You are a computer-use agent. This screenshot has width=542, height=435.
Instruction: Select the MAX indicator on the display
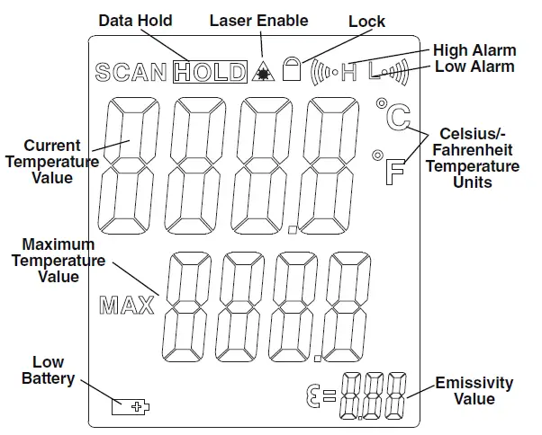coord(126,305)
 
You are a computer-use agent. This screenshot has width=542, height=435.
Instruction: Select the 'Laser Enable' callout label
coord(258,20)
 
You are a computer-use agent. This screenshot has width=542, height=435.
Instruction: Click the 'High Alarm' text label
coord(474,50)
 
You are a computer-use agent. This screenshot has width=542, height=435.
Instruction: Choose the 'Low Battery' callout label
coord(48,370)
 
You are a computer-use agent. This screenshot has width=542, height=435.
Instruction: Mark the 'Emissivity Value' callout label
coord(474,391)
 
